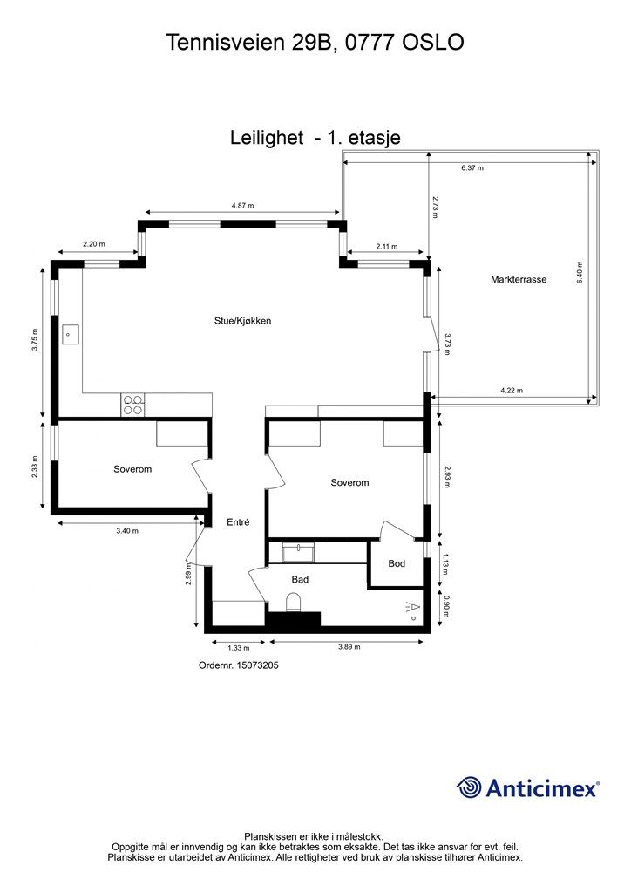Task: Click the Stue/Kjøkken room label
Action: click(x=242, y=321)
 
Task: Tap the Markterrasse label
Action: click(x=519, y=279)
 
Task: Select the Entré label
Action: click(x=238, y=521)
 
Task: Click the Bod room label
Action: click(x=397, y=563)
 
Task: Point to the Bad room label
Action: click(x=300, y=579)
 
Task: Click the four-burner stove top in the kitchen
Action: click(x=133, y=405)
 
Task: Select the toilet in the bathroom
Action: click(x=294, y=602)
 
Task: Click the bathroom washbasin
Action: click(x=298, y=552)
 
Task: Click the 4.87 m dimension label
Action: click(x=242, y=206)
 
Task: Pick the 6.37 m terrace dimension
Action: click(x=472, y=168)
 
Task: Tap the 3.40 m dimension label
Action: click(x=127, y=531)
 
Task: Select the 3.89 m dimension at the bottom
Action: click(x=349, y=646)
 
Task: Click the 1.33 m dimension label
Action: click(x=239, y=647)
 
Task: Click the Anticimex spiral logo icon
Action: click(x=469, y=787)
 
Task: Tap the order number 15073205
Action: click(x=258, y=665)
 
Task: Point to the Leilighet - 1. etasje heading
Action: click(x=315, y=137)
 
